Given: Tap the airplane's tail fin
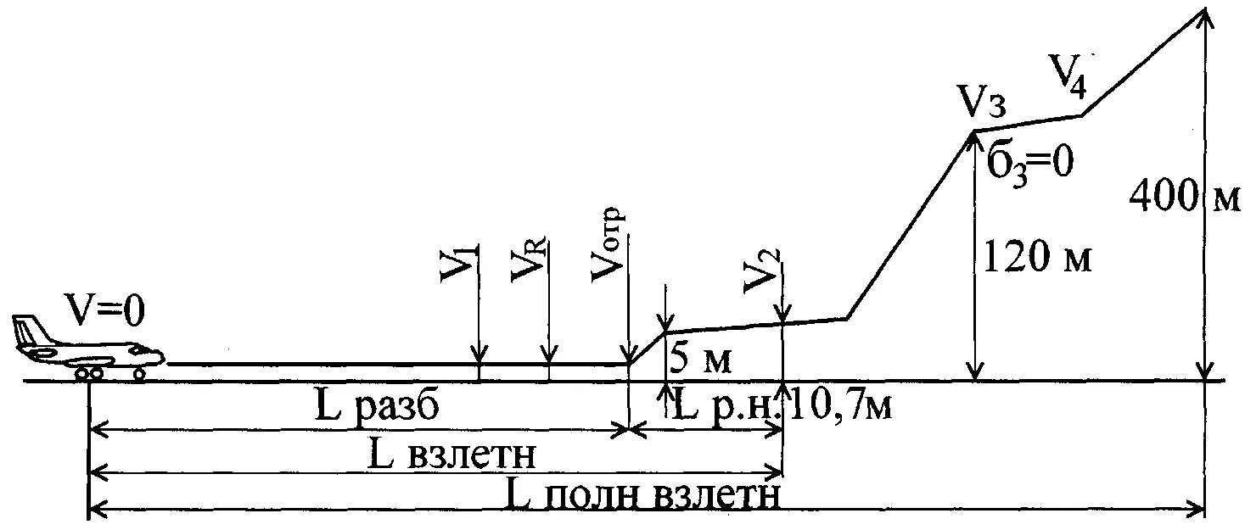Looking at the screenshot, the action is coord(28,332).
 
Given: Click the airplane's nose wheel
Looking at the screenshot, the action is coord(139,372).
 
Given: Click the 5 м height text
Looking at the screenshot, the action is coord(700,358).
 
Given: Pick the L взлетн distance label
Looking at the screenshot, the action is coord(454,455).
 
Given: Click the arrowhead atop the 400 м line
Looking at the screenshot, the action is coord(1204,15).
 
